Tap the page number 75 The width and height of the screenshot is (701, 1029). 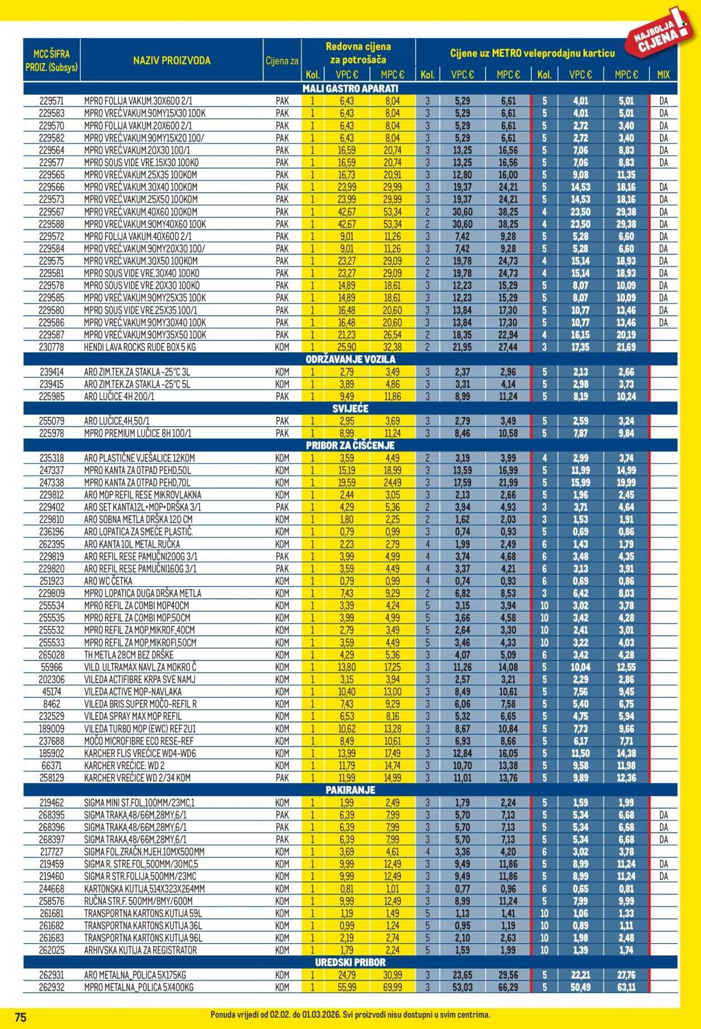(21, 1016)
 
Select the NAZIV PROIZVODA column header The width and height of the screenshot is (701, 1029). (172, 61)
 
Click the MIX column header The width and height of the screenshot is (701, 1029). (663, 75)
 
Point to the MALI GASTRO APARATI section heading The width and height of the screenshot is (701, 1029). (350, 89)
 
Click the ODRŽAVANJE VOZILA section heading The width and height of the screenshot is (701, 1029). (350, 360)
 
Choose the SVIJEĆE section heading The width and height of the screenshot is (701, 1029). (350, 408)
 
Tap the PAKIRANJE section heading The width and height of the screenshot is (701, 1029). (350, 790)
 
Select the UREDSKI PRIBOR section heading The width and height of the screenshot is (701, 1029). (350, 962)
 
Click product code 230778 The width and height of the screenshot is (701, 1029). (52, 347)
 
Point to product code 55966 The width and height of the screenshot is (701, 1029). (52, 667)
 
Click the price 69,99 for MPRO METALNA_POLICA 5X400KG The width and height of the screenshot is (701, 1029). (393, 987)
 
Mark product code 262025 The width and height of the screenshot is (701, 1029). (52, 950)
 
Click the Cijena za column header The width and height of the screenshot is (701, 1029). (282, 61)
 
